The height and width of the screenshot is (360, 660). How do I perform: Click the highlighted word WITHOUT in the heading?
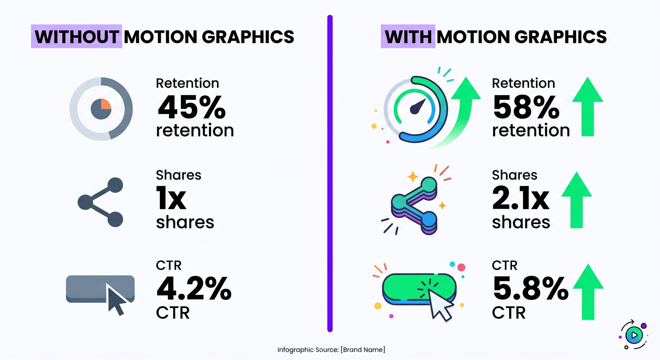(76, 37)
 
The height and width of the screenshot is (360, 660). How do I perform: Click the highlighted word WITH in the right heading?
(407, 37)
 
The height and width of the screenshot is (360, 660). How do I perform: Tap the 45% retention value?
(191, 107)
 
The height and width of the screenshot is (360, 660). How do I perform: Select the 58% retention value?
(526, 107)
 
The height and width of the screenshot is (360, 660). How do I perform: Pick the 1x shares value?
(172, 199)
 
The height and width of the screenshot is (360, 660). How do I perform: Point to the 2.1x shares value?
(520, 199)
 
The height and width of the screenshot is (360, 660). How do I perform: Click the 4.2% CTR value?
(194, 289)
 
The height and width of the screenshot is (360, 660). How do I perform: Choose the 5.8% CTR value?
(530, 289)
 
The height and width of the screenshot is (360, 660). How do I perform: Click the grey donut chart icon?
(101, 108)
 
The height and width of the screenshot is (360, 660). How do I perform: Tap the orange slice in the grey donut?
(106, 104)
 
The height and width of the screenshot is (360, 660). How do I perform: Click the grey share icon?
(101, 202)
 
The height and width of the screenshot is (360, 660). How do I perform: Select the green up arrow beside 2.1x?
(576, 201)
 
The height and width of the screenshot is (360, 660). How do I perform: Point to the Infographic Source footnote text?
(331, 350)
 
